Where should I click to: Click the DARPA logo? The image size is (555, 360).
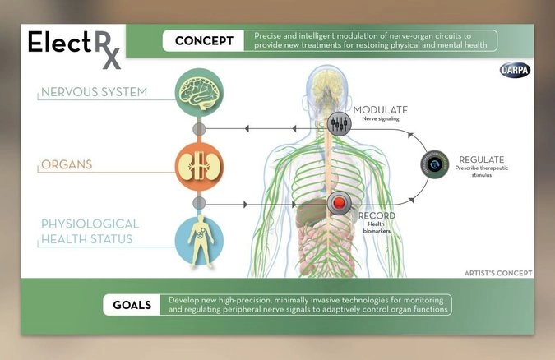515,71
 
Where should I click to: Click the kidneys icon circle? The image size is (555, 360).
197,164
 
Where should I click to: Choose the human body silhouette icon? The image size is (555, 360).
197,238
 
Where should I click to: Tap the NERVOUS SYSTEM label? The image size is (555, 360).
95,92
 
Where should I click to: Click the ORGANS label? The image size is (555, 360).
67,164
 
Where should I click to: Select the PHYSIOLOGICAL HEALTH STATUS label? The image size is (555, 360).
90,230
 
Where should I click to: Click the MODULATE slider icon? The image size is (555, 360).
339,124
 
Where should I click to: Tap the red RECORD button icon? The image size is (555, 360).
340,203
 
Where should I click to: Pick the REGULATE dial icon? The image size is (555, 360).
435,164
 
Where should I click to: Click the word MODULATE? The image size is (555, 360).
380,109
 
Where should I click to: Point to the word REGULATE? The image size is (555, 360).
481,159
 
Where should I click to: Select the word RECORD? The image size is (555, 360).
377,216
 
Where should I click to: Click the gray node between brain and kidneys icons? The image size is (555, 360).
197,129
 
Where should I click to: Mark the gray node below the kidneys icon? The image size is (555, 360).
197,202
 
